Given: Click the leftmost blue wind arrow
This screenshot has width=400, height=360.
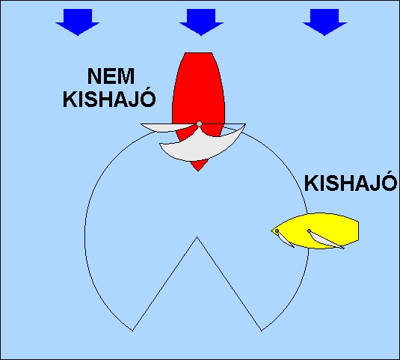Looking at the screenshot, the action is [x=78, y=22].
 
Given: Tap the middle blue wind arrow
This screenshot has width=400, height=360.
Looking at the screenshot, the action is [x=201, y=22].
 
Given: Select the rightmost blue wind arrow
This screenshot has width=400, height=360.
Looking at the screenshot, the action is [x=324, y=22].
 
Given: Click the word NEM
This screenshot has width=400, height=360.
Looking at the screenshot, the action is [x=111, y=76].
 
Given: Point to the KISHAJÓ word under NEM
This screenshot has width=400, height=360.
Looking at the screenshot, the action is [x=109, y=98].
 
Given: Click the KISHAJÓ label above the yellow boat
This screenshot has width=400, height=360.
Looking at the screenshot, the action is [x=351, y=183].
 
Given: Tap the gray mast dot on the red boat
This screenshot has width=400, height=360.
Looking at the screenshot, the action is [x=199, y=124].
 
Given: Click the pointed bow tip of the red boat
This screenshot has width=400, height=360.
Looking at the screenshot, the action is [x=198, y=171].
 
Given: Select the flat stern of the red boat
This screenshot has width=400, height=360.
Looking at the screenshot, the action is [x=198, y=53].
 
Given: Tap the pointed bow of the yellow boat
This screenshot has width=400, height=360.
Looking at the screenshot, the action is [x=272, y=231].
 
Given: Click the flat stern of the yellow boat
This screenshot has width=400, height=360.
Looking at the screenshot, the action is [x=358, y=231].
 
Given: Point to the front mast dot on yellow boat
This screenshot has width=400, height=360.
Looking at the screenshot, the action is [x=277, y=231].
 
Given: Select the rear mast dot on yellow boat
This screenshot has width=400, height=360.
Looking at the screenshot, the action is [x=309, y=231].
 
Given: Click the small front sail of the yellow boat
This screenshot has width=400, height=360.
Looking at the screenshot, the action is [x=283, y=239].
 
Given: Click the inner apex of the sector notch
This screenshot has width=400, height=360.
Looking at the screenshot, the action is [x=197, y=237].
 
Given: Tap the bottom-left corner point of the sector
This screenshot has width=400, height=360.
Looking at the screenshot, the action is [x=133, y=331].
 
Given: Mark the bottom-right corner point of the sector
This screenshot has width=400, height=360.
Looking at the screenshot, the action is [x=261, y=331].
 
